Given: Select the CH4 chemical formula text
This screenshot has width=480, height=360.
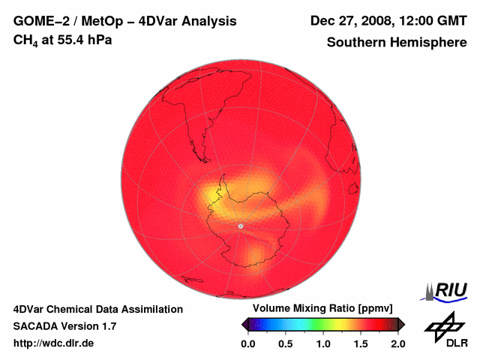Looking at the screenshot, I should (x=25, y=40).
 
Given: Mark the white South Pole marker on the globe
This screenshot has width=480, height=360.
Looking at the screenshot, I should (x=240, y=225).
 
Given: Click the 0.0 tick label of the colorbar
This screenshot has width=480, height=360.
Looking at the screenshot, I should (x=248, y=343).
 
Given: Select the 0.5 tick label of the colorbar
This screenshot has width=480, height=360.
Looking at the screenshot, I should (x=286, y=343).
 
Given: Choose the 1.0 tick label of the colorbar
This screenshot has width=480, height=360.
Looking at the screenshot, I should (x=323, y=343).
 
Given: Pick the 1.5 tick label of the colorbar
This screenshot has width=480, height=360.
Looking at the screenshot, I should (x=361, y=343).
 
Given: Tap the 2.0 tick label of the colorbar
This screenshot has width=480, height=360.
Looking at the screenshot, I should (x=397, y=343).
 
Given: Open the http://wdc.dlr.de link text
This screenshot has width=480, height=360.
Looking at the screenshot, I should (x=54, y=343).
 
